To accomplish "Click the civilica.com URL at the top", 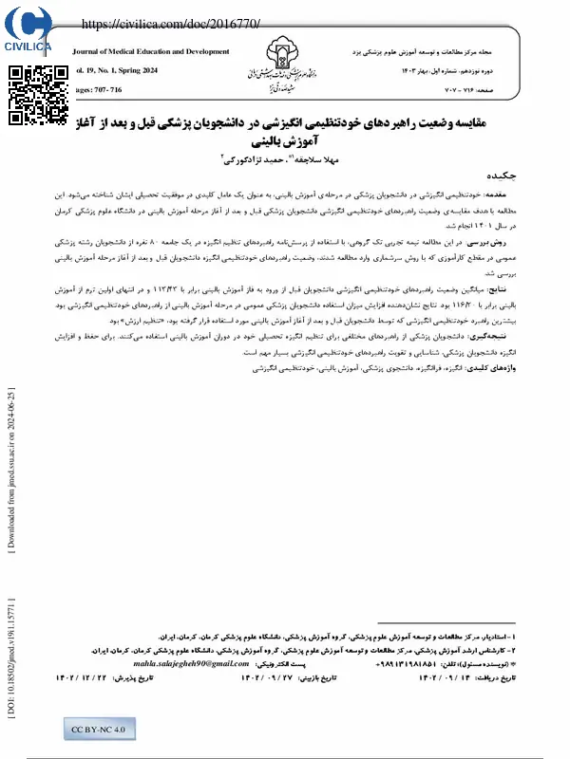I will (x=171, y=23).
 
